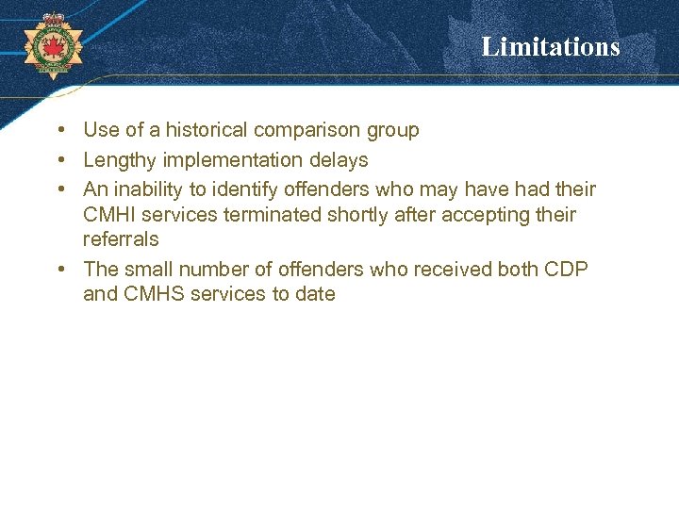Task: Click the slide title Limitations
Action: point(551,46)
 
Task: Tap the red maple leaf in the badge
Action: point(52,44)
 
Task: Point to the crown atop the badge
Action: point(52,19)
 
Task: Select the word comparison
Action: point(313,130)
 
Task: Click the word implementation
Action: point(232,160)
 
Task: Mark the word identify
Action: point(244,189)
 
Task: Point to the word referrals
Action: point(121,239)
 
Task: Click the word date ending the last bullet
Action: point(315,294)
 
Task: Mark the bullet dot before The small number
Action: point(60,269)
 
